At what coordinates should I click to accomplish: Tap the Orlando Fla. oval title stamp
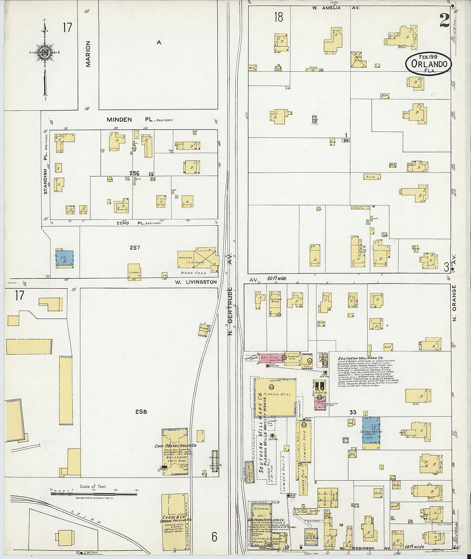[429, 64]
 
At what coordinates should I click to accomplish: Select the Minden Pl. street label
[119, 120]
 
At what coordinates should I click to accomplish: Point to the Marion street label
[88, 54]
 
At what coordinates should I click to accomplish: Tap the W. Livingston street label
[195, 282]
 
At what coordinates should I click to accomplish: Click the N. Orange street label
[454, 303]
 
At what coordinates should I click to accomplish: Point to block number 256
[134, 173]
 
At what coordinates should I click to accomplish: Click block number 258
[141, 412]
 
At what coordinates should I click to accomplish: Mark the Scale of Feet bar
[94, 494]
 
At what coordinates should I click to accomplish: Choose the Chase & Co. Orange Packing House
[175, 522]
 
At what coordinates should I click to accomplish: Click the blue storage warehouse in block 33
[371, 433]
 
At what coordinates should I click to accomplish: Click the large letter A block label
[159, 42]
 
